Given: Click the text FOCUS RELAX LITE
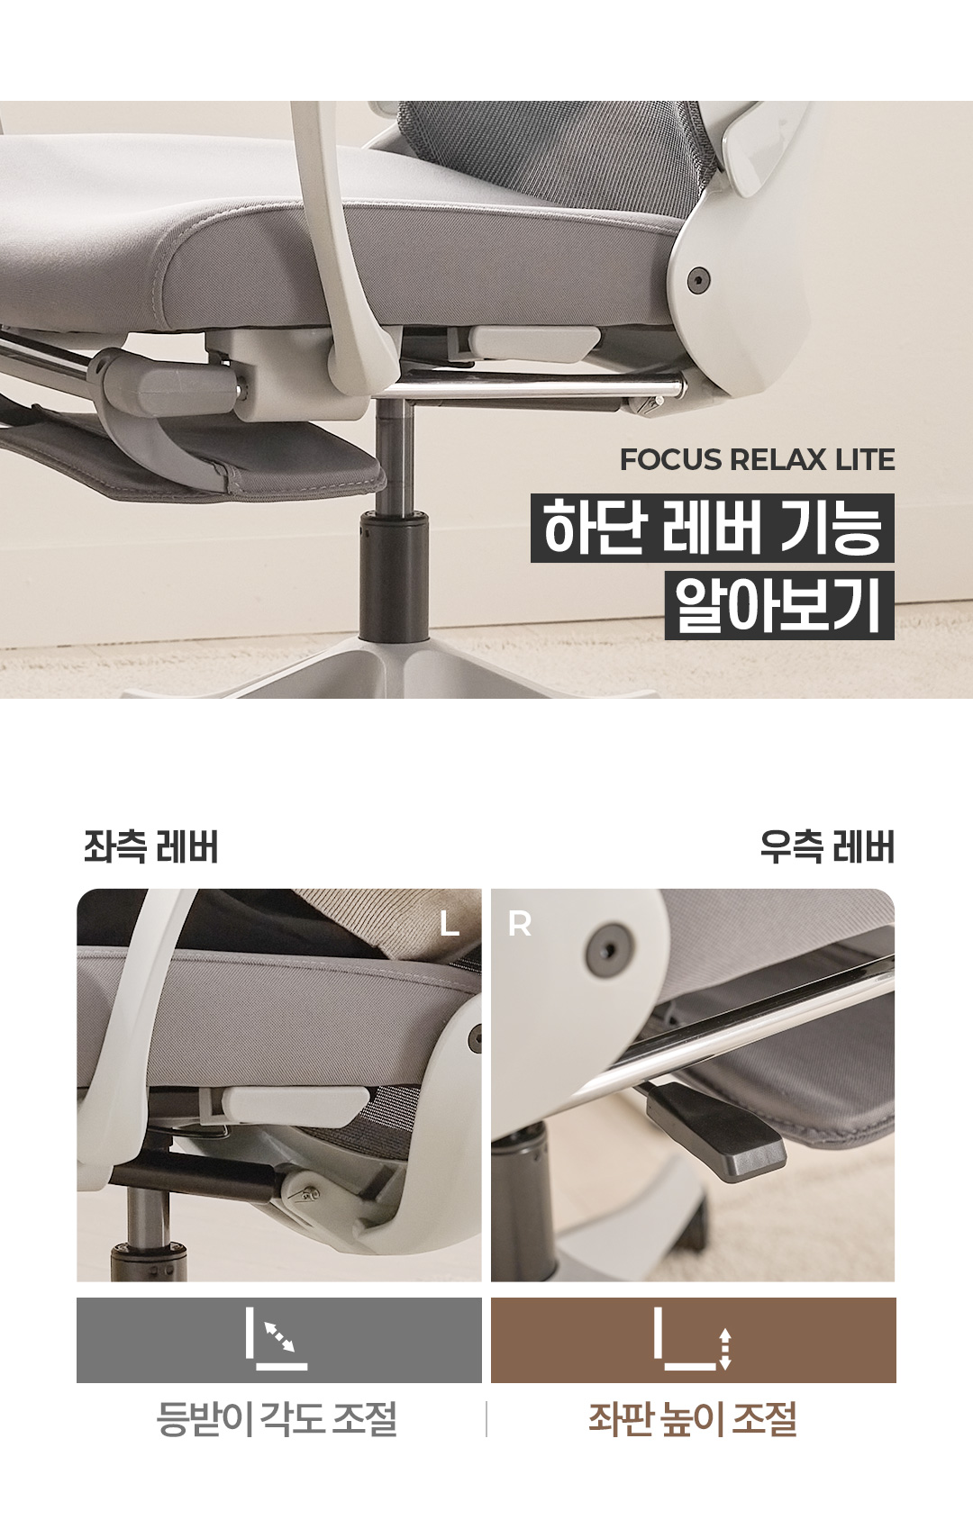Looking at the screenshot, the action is (757, 460).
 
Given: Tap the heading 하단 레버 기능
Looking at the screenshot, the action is (712, 529).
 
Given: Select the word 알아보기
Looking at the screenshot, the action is (779, 605).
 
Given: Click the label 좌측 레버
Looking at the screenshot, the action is (150, 847).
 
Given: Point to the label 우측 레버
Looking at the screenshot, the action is (827, 847).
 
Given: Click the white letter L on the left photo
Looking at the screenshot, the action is (450, 924).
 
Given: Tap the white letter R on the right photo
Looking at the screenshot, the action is (520, 924).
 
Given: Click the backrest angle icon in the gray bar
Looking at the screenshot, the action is (277, 1347).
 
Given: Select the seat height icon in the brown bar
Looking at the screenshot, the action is (693, 1347).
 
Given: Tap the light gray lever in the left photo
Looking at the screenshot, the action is (295, 1108).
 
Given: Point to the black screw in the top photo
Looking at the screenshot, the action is (696, 278).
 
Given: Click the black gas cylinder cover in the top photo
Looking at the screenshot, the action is (394, 577).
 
